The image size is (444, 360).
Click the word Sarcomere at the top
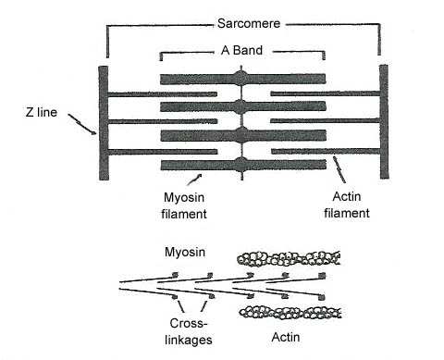coord(249,23)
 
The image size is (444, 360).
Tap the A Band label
coord(241,50)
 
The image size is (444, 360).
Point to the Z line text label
coord(42,112)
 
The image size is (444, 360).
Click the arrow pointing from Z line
coord(81,124)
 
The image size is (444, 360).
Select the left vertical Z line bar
coord(104,123)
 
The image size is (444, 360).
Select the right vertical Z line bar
coord(384,121)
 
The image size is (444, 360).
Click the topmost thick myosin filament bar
coord(242,79)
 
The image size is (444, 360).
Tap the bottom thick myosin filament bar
coord(243,165)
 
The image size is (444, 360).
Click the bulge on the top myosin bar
coord(241,79)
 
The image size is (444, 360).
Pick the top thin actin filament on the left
coord(163,94)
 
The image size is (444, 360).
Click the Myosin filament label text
coord(184,205)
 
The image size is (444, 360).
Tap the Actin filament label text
coord(347,205)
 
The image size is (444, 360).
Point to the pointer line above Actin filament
coord(339,169)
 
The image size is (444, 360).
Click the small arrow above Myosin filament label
coord(194,180)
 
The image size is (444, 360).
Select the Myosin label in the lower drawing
coord(185,252)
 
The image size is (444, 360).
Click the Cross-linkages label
coord(189,331)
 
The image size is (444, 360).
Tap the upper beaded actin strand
coord(289,258)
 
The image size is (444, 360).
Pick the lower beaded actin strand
coord(290,312)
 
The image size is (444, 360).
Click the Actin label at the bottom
coord(286,337)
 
